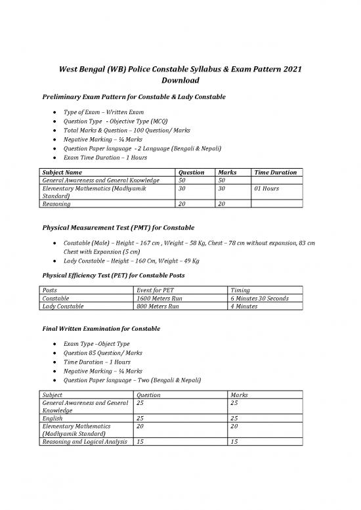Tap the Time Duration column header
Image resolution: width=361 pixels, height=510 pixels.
coord(275,173)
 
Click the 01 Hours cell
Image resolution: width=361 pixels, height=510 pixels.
coord(268,188)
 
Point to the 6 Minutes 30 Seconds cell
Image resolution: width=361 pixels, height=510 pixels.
coord(259,298)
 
